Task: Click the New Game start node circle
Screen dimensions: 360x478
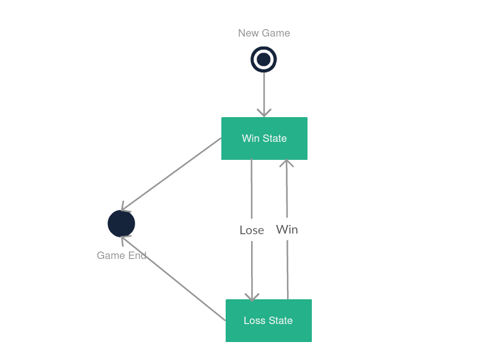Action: [263, 59]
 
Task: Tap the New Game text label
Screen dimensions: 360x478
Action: [263, 33]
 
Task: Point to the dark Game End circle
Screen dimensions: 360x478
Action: [122, 224]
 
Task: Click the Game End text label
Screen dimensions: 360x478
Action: [122, 255]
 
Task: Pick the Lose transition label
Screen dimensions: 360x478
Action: [252, 230]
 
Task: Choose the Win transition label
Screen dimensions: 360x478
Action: [287, 230]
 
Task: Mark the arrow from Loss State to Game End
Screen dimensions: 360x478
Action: [174, 278]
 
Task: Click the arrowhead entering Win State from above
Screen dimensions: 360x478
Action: [264, 113]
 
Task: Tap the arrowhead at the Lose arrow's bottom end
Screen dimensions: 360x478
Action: [252, 297]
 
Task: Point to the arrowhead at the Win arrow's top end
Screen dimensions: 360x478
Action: [286, 164]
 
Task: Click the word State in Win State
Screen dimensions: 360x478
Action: [275, 138]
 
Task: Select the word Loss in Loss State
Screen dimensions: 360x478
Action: [254, 320]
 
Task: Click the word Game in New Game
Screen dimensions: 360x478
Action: [276, 33]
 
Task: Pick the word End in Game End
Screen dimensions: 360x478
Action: [138, 255]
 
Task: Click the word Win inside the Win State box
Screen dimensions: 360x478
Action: [250, 138]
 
